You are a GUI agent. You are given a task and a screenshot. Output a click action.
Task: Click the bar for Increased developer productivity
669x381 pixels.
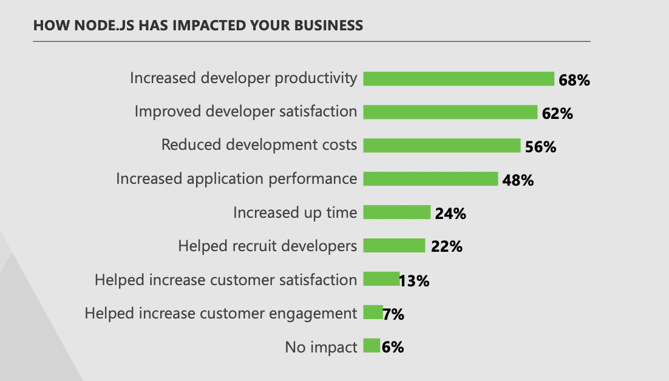pos(458,79)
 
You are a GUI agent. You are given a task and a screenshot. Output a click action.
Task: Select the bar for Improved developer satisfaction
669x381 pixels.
pos(450,112)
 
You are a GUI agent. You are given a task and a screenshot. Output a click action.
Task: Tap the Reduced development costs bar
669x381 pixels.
pos(441,146)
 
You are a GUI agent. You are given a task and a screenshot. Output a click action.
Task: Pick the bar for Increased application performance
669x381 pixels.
pos(430,179)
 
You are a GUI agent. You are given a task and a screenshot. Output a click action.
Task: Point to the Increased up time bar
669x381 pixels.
pos(396,212)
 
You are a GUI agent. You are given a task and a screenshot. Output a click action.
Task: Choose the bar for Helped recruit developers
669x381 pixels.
pos(394,246)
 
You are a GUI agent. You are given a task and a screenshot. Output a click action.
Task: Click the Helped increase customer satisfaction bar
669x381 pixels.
pos(381,279)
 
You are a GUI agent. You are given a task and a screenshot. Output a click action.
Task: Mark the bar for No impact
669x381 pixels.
pos(372,346)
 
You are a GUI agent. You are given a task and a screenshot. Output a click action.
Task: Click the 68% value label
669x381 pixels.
pos(574,80)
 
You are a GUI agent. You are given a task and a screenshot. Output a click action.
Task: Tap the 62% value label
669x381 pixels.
pos(558,113)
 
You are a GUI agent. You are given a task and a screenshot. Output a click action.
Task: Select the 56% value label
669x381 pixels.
pos(541,147)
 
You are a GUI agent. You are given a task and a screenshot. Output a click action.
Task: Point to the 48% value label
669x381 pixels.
pos(518,180)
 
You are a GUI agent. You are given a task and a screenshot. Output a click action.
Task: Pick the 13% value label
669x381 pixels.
pos(415,281)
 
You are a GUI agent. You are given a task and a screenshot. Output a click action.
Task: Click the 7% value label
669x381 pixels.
pos(393,314)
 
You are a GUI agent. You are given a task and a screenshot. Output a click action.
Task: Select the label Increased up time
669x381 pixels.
pos(295,212)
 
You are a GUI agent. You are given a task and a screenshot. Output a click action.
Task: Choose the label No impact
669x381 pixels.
pos(321,347)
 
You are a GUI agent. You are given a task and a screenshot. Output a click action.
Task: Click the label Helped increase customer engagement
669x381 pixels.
pos(220,313)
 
